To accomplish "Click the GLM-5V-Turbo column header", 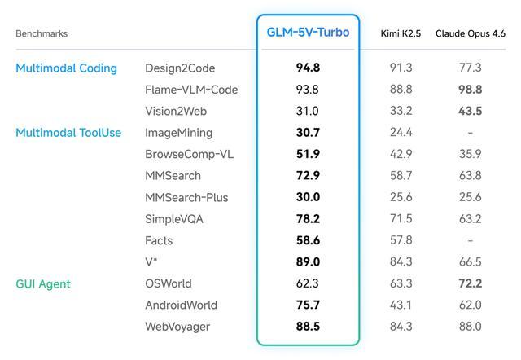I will click(308, 33).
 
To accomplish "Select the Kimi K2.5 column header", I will click(401, 33).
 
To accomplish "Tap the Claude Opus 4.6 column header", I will click(470, 33).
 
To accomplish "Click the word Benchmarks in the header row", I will click(42, 34).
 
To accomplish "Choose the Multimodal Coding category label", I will click(66, 68).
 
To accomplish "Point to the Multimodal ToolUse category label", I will click(68, 133).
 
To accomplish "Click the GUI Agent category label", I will click(43, 284).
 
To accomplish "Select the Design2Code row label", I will click(180, 68).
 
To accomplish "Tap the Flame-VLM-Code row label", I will click(191, 90).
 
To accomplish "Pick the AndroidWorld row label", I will click(181, 305).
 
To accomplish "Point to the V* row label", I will click(152, 262).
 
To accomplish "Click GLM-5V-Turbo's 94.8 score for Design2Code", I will click(308, 68).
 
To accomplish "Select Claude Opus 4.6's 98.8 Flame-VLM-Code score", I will click(470, 90).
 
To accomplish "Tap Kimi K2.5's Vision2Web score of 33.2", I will click(401, 112).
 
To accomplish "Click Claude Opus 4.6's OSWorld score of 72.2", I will click(470, 284).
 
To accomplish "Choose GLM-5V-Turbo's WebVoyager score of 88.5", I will click(308, 327).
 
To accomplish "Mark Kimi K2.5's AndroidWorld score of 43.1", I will click(401, 305).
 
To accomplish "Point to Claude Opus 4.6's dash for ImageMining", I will click(470, 133).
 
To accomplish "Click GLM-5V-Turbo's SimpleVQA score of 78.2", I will click(308, 219).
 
